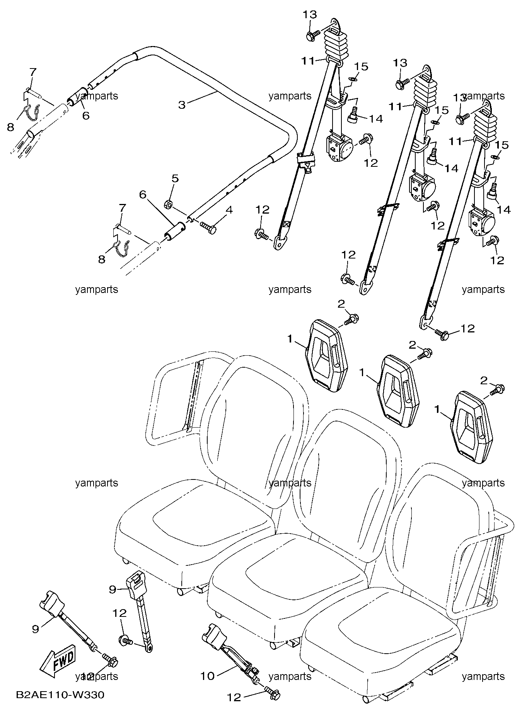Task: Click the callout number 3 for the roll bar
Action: pyautogui.click(x=182, y=104)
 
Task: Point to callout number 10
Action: pyautogui.click(x=207, y=676)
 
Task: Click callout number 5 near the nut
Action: pyautogui.click(x=175, y=178)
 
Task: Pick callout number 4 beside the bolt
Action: pyautogui.click(x=229, y=210)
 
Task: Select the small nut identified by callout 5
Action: pyautogui.click(x=168, y=203)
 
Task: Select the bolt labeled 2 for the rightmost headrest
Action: pyautogui.click(x=497, y=389)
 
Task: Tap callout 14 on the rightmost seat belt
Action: pyautogui.click(x=503, y=210)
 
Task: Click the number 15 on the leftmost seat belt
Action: pyautogui.click(x=362, y=66)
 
